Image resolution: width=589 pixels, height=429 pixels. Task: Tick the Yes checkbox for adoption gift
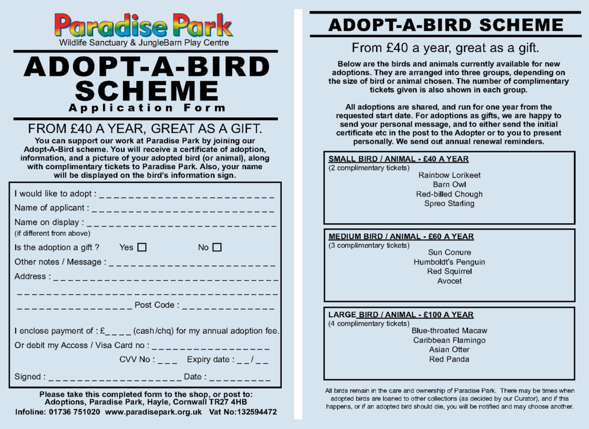[x=142, y=247]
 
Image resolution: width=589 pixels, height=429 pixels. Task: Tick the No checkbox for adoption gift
[x=217, y=247]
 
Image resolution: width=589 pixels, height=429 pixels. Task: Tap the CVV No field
[x=167, y=361]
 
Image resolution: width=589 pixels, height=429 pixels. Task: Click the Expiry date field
[x=254, y=361]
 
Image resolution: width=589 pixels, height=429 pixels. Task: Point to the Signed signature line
[x=115, y=377]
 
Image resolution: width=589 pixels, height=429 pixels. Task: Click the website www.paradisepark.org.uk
[x=154, y=412]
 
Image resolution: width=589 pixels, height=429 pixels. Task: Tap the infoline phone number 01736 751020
[x=77, y=412]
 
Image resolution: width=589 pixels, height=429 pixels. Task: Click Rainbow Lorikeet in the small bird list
[x=449, y=175]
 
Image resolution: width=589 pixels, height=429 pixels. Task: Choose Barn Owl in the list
[x=449, y=185]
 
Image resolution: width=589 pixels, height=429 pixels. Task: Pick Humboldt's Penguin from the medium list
[x=449, y=262]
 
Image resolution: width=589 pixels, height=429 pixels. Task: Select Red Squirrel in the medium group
[x=449, y=271]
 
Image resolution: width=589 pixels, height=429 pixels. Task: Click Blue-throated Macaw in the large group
[x=449, y=331]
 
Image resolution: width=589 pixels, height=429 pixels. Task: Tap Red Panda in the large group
[x=449, y=359]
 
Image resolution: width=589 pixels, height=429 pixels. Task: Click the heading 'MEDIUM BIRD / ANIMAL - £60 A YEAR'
[x=401, y=236]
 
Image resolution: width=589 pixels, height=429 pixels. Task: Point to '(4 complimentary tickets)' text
[x=369, y=324]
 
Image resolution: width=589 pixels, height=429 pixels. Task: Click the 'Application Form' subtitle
[x=147, y=108]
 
